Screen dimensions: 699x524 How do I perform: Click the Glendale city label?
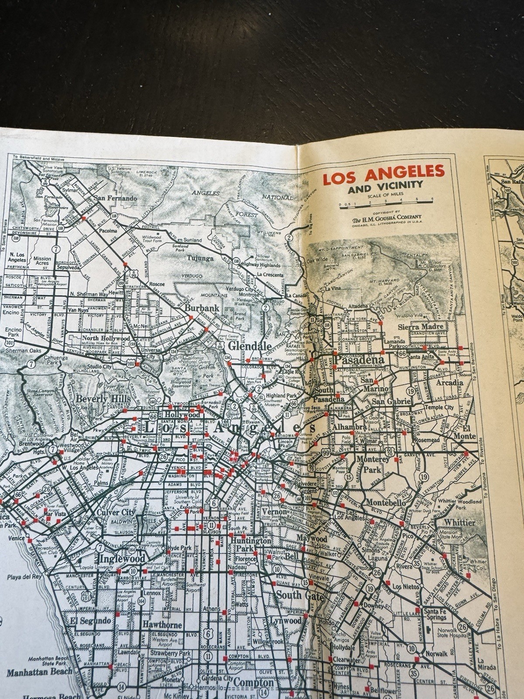[247, 346]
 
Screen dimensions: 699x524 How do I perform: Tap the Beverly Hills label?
[103, 399]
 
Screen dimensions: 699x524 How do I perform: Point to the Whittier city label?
[459, 523]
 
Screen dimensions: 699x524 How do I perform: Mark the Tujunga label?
[200, 258]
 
